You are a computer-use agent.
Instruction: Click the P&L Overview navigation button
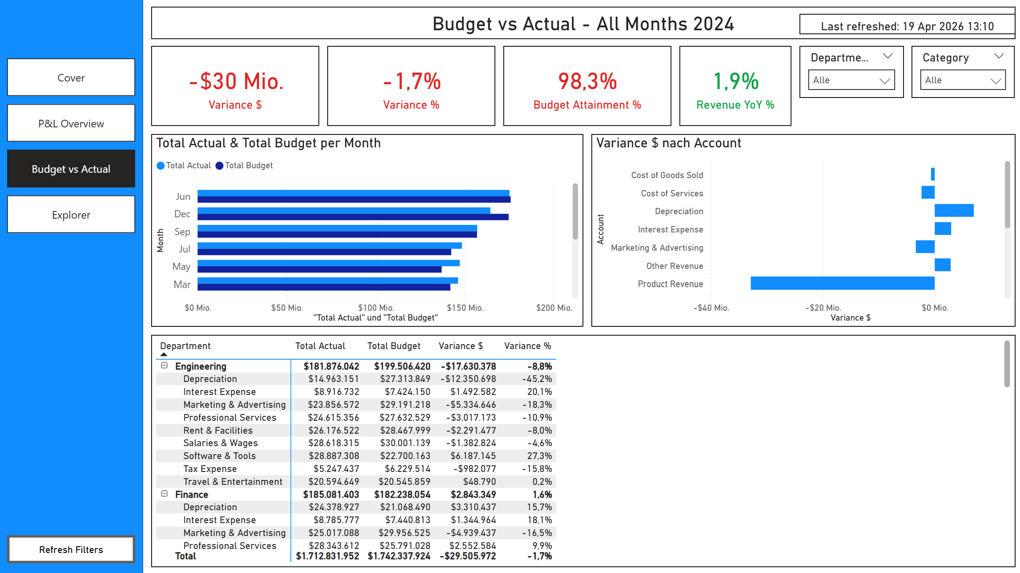(71, 123)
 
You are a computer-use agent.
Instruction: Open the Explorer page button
(71, 215)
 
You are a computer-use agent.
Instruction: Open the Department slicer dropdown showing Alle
(851, 80)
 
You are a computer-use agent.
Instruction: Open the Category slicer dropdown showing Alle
(963, 80)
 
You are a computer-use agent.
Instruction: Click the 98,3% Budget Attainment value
(587, 81)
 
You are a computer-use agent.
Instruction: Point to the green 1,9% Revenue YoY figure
(735, 81)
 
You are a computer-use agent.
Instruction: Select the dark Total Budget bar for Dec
(353, 217)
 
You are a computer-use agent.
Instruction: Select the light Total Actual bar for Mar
(327, 280)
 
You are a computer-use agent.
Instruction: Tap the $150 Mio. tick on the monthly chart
(465, 308)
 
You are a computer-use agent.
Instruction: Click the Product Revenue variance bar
(842, 283)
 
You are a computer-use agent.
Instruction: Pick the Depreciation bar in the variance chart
(954, 211)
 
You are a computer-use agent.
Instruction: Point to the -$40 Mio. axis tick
(711, 308)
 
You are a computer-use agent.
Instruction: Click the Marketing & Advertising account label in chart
(657, 248)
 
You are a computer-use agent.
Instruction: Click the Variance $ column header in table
(460, 346)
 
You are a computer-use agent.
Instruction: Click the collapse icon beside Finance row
(165, 494)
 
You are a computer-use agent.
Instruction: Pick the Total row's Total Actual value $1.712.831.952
(327, 556)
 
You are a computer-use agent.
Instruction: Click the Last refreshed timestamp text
(907, 26)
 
